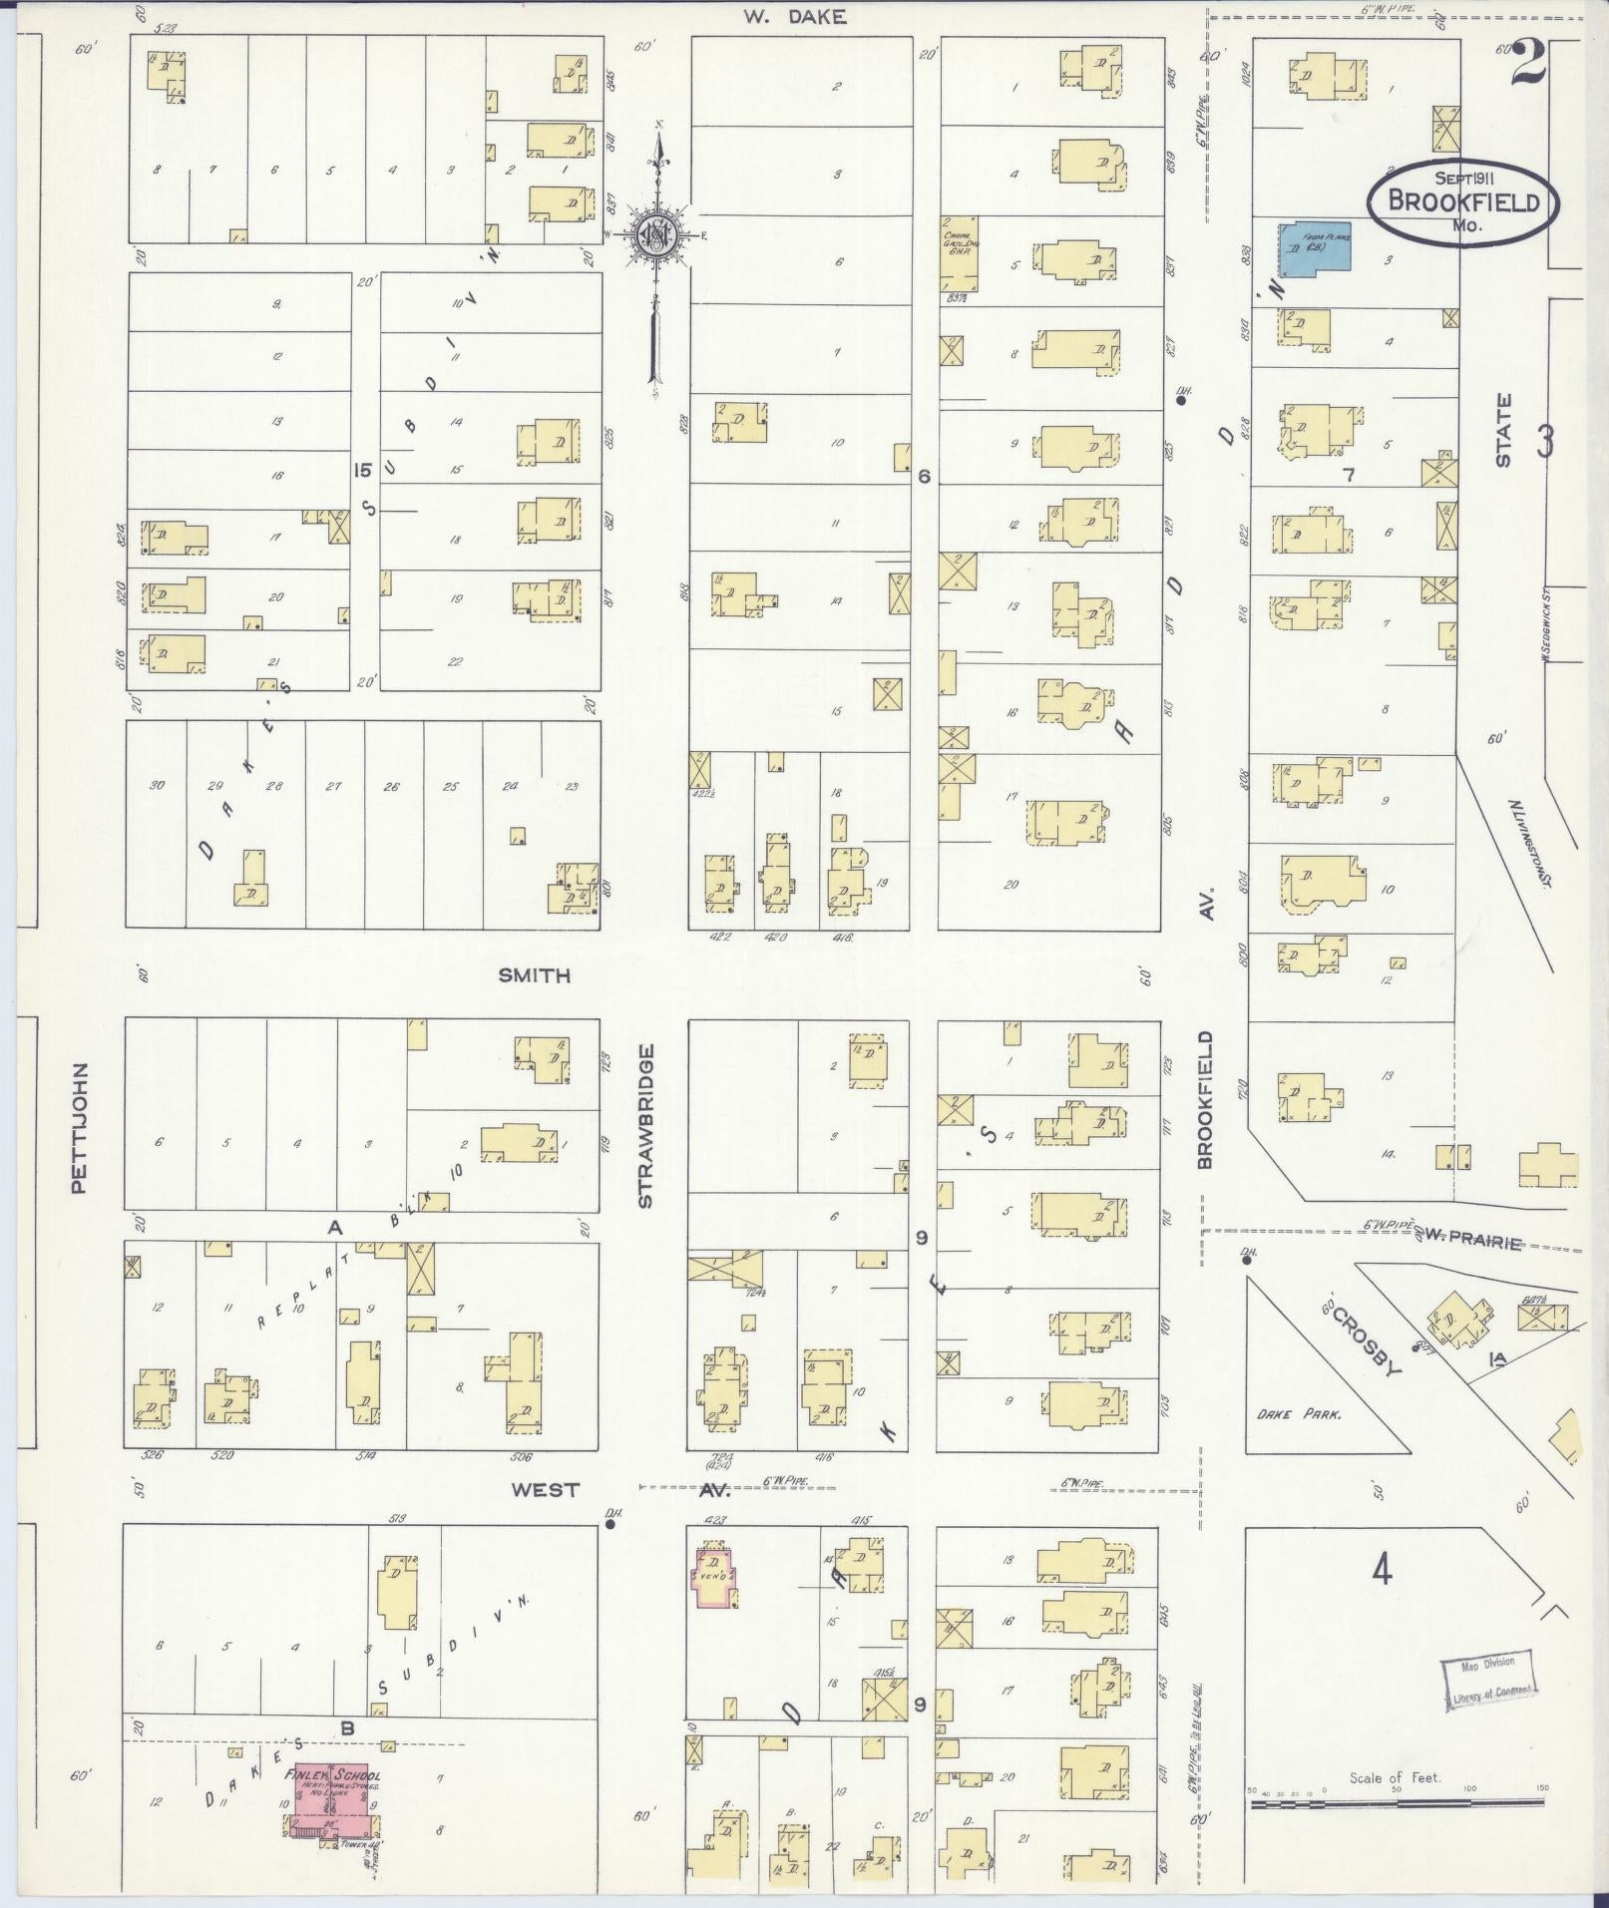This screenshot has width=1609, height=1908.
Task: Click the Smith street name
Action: point(535,975)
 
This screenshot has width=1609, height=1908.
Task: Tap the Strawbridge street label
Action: point(645,1126)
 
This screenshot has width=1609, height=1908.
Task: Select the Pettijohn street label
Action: point(80,1127)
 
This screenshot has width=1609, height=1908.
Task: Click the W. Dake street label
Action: point(794,16)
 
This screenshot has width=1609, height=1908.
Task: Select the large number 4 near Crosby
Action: point(1382,1571)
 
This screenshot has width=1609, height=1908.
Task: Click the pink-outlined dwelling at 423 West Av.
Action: point(715,1577)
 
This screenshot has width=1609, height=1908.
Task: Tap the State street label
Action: point(1503,429)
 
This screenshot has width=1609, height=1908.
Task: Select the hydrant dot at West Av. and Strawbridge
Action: point(611,1523)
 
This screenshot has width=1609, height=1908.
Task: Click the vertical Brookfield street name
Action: point(1204,1100)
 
